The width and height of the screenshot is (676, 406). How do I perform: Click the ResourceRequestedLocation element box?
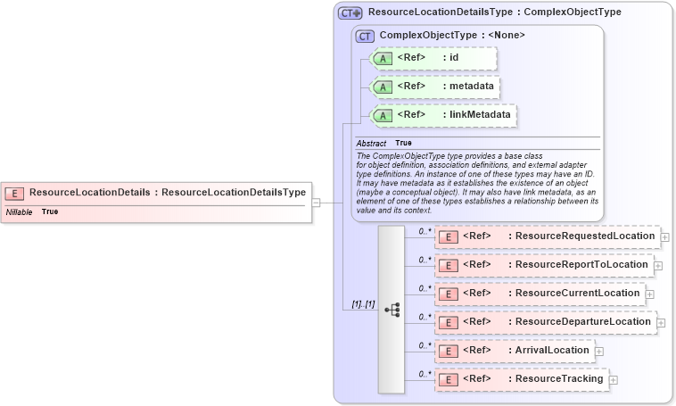(547, 236)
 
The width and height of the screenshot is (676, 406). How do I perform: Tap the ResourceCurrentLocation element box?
(540, 294)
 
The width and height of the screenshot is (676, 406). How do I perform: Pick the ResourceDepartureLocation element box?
(545, 322)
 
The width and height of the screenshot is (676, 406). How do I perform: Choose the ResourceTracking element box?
(521, 379)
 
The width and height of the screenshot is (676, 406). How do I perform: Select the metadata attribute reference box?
(435, 87)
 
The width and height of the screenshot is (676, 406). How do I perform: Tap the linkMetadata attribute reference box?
(443, 115)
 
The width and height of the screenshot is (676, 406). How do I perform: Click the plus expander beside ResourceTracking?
(614, 380)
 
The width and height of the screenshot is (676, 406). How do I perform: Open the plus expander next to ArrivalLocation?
(599, 352)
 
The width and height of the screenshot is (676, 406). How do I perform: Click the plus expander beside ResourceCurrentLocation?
(650, 294)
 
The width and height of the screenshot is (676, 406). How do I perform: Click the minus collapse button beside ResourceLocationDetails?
(317, 203)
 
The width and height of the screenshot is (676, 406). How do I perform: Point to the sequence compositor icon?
(392, 309)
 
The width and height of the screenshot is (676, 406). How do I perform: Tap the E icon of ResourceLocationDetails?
(14, 193)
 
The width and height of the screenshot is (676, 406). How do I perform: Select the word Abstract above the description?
(371, 143)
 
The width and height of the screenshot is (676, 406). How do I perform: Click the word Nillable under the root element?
(20, 212)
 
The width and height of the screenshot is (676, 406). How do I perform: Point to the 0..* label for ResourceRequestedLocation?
(425, 231)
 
